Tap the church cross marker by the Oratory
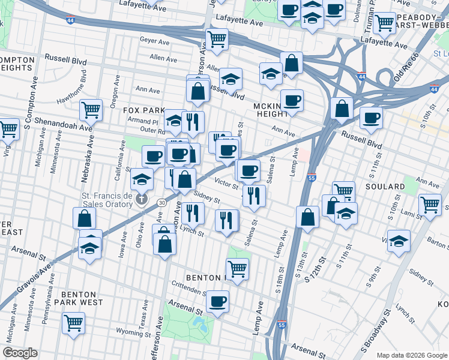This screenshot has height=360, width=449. tap(141, 199)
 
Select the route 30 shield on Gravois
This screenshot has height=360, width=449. tap(161, 203)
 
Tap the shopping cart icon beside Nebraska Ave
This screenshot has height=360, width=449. tap(91, 110)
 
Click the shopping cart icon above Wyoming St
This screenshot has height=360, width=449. tap(74, 323)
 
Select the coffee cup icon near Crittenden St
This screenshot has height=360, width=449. tap(218, 301)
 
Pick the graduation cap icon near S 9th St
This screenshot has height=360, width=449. tap(399, 241)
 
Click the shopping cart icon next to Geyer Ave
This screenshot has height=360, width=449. tap(217, 40)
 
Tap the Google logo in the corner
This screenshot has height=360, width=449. tap(21, 353)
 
